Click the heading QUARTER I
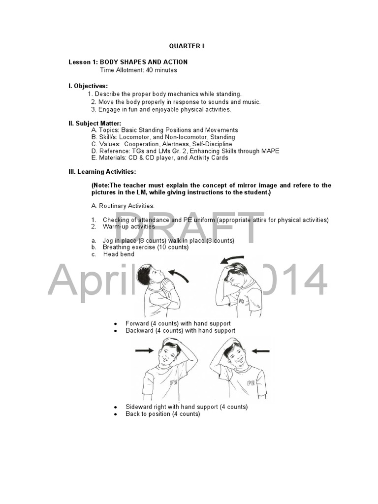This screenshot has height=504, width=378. pos(187,46)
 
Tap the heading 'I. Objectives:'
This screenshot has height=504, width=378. pos(88,86)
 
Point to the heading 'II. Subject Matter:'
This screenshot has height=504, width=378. pos(94,123)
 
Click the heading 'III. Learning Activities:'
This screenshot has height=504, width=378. pos(102,171)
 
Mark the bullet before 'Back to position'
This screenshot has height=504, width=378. pos(115,414)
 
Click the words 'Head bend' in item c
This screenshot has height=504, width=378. pos(119,254)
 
